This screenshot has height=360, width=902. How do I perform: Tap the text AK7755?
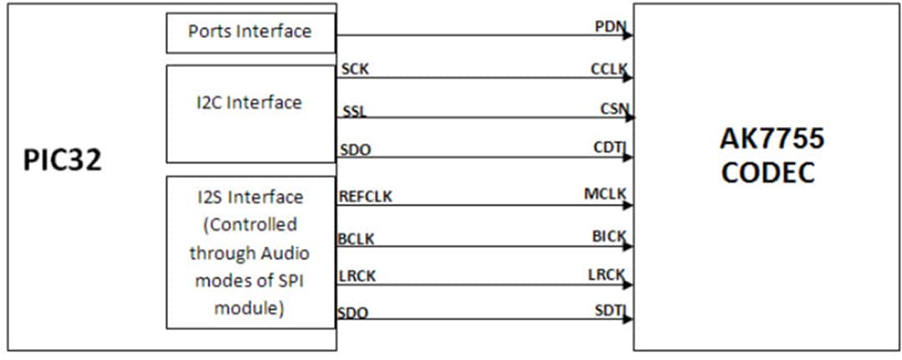[771, 139]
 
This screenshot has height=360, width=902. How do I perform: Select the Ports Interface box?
[250, 33]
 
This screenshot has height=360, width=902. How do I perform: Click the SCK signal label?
[355, 69]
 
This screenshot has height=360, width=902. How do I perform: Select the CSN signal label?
[612, 108]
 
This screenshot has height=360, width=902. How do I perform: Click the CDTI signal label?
[611, 148]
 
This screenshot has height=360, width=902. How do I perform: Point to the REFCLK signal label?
[366, 197]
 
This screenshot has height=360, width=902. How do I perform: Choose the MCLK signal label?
[606, 195]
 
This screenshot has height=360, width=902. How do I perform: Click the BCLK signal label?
[357, 239]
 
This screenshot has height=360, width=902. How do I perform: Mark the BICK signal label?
[609, 236]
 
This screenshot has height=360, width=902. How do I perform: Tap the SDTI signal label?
[610, 312]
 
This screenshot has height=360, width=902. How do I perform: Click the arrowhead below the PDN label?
[626, 36]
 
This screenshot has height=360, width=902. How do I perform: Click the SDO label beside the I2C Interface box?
[355, 150]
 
